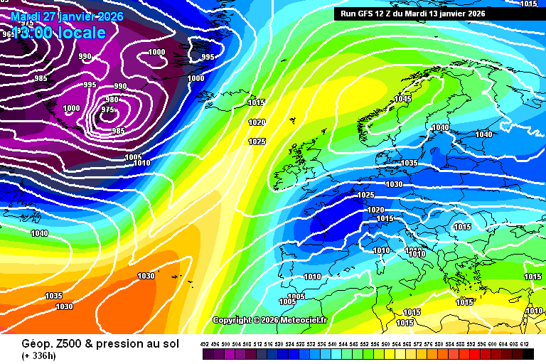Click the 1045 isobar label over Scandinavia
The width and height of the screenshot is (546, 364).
coord(403,99)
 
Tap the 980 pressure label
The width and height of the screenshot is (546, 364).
coord(112,100)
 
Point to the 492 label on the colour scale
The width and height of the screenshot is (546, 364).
coord(205,344)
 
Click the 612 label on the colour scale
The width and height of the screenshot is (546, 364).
coord(525,344)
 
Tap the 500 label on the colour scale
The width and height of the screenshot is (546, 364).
coord(226,344)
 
